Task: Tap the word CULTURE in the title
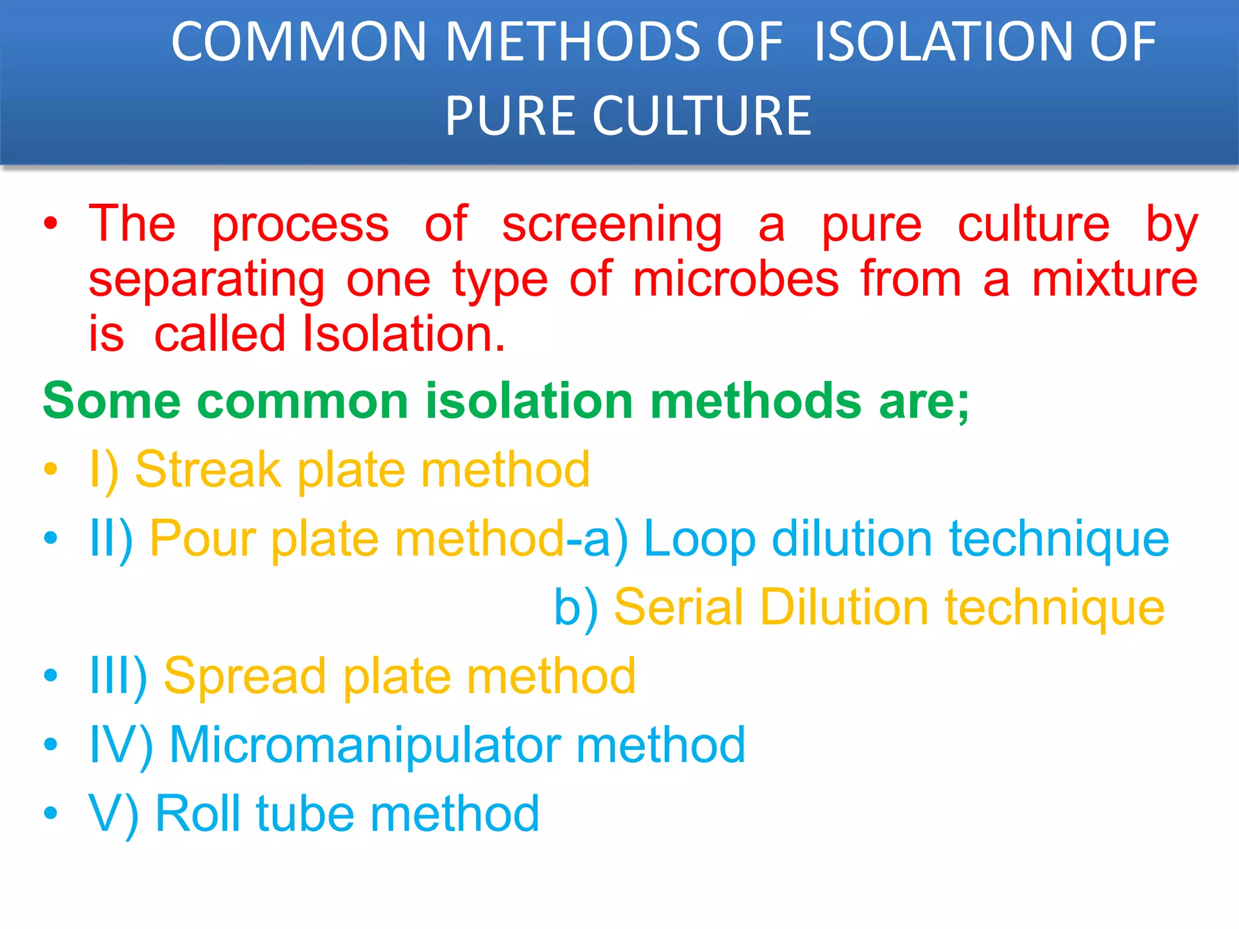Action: pos(702,116)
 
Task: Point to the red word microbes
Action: pos(736,279)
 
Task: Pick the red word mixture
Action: pos(1114,279)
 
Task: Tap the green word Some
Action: pos(112,401)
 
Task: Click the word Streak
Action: pos(208,470)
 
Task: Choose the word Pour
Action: pos(203,539)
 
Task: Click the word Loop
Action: pos(699,539)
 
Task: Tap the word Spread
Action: pos(244,676)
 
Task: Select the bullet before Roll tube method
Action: pos(51,813)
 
